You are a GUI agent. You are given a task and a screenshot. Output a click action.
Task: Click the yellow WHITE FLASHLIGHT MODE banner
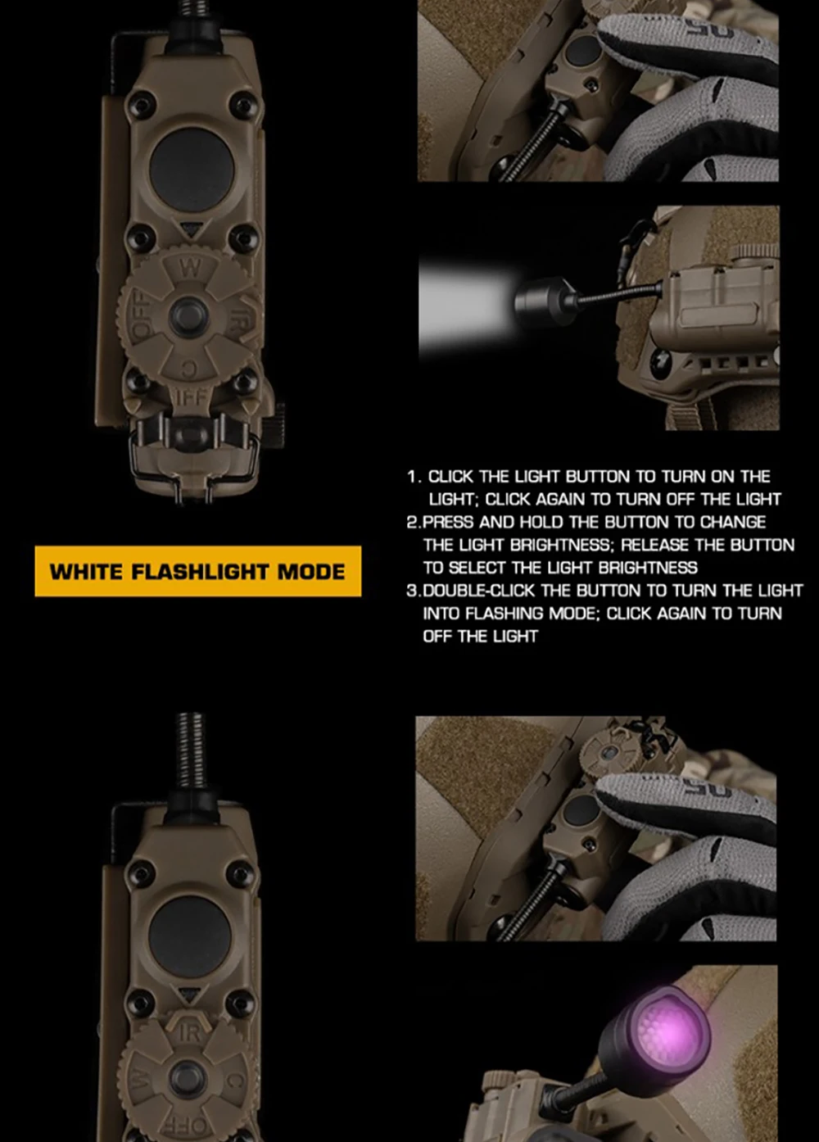pyautogui.click(x=197, y=571)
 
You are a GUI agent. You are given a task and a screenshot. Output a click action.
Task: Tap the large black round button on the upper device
pyautogui.click(x=192, y=170)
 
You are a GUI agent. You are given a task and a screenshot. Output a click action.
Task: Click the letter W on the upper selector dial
pyautogui.click(x=189, y=269)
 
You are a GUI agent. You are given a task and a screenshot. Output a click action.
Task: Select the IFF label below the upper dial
pyautogui.click(x=192, y=397)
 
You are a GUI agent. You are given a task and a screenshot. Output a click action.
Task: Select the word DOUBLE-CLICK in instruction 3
pyautogui.click(x=479, y=591)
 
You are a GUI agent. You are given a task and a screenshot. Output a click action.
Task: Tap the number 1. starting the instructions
pyautogui.click(x=414, y=477)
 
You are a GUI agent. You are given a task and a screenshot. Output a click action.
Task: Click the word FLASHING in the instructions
pyautogui.click(x=504, y=614)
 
